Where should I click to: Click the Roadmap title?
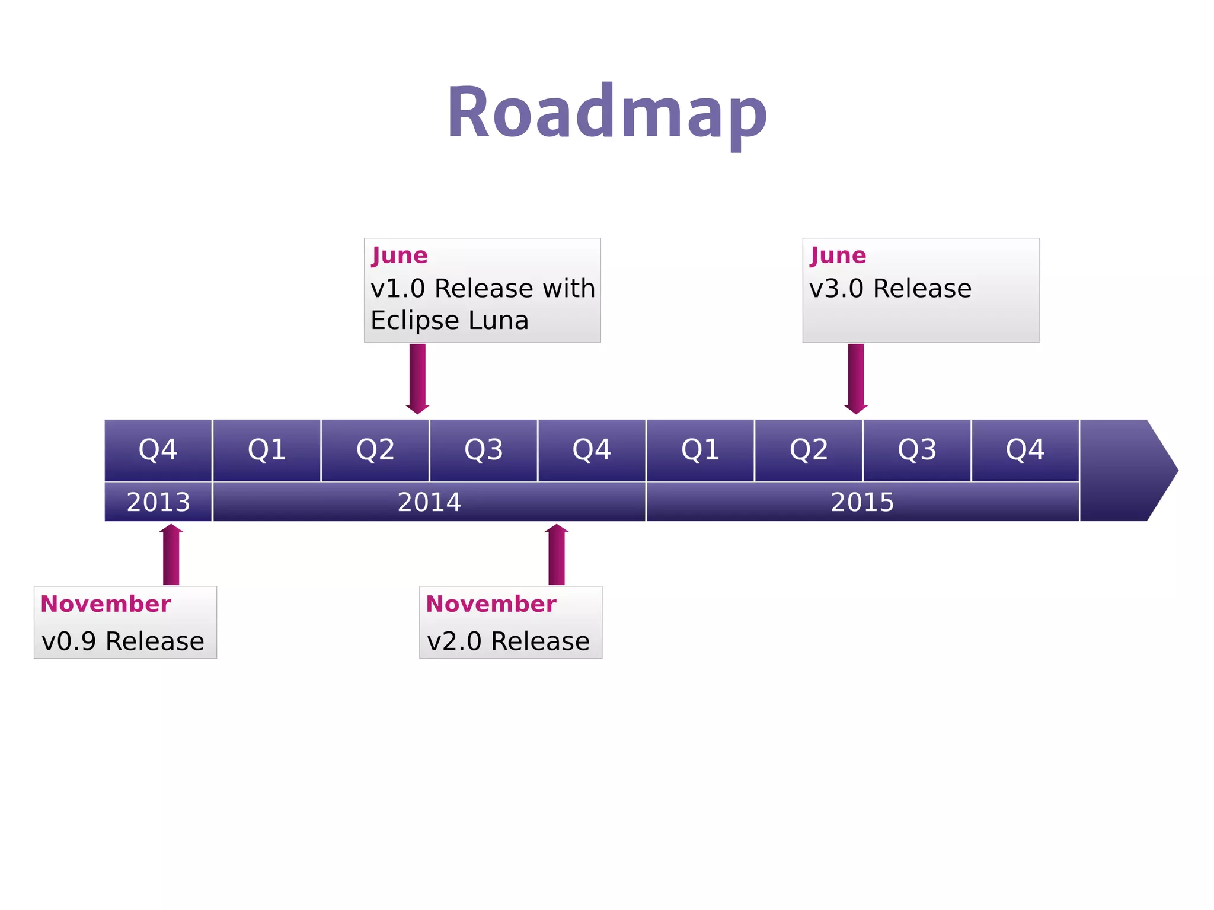click(606, 113)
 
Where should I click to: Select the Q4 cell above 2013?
click(158, 450)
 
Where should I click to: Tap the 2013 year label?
click(158, 502)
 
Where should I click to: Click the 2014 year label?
click(429, 502)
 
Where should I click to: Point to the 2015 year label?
click(862, 502)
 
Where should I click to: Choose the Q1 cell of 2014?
click(267, 450)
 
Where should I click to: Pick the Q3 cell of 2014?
click(483, 450)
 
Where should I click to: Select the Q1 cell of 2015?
click(700, 450)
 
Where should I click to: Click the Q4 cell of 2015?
click(1025, 450)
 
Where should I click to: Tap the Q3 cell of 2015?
click(916, 450)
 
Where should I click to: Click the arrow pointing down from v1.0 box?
click(417, 378)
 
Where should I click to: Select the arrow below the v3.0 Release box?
click(856, 378)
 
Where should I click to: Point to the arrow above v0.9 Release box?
click(171, 554)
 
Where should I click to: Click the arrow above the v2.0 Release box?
click(557, 554)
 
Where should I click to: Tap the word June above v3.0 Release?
click(838, 256)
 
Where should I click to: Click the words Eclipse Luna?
click(449, 321)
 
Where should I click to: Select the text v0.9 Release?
click(123, 641)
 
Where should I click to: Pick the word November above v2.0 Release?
click(491, 604)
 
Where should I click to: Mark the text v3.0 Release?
click(890, 289)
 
